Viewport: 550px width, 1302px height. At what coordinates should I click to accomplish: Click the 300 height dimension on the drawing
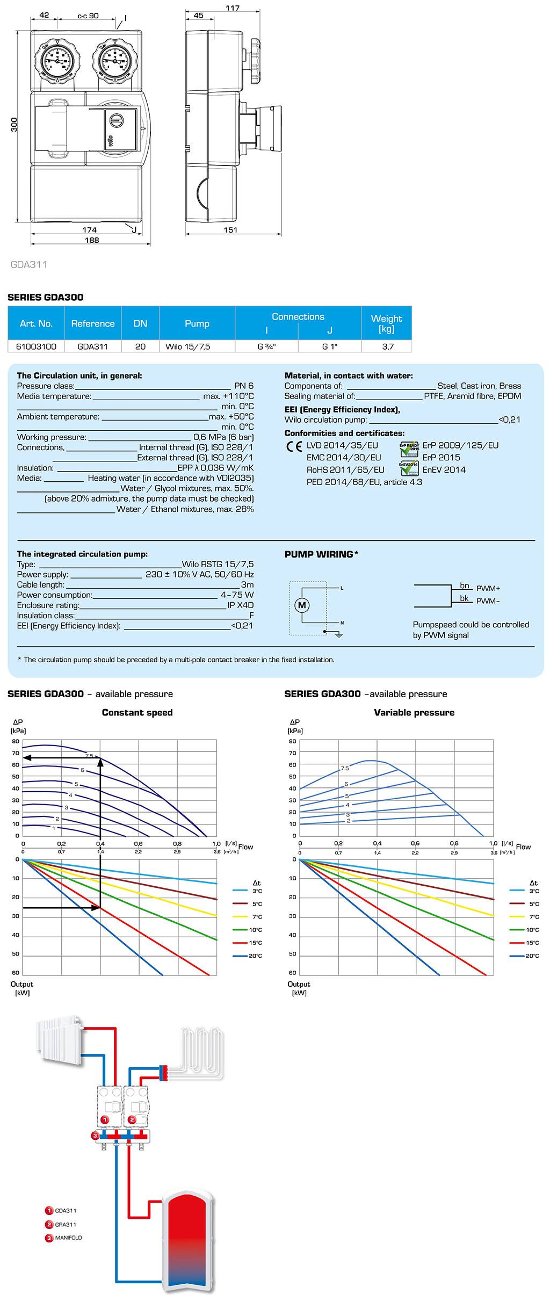click(15, 124)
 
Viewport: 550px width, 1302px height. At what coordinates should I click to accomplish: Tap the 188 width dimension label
click(92, 240)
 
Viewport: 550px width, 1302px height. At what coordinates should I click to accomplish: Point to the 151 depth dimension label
click(230, 230)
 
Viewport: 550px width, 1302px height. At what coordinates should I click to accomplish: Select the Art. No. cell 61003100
click(35, 346)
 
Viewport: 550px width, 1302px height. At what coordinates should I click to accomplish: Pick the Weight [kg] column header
click(386, 323)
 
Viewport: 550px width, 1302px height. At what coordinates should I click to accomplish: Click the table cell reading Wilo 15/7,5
click(187, 346)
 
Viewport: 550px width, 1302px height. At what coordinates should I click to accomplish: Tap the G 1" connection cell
click(329, 346)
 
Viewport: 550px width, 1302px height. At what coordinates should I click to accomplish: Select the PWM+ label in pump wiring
click(488, 588)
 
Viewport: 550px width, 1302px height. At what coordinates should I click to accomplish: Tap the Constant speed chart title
click(137, 712)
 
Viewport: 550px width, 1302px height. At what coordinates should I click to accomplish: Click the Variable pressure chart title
click(414, 712)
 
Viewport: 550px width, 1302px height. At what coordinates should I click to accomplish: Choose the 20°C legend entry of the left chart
click(248, 956)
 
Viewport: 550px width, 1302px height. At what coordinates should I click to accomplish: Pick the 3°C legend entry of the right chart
click(525, 891)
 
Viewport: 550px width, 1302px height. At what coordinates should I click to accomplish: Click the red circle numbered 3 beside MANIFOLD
click(49, 1238)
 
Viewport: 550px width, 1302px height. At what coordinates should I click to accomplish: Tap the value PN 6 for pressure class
click(243, 386)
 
